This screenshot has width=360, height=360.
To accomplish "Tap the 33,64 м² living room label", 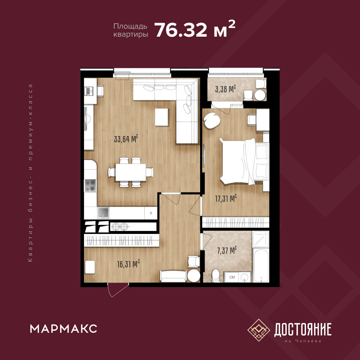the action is point(126,139).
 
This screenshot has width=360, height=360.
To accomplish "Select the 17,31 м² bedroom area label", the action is point(226,198).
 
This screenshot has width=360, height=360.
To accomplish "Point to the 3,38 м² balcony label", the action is point(226,89).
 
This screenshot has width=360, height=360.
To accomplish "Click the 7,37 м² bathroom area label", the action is point(227,250).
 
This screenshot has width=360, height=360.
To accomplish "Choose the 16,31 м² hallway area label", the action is point(129,264).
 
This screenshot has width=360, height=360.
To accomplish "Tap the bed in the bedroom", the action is point(244,161).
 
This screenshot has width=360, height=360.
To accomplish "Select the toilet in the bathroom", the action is point(216,275).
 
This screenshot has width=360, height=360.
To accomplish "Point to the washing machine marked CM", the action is point(232,277).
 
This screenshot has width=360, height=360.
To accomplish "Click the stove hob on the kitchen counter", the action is point(90,186).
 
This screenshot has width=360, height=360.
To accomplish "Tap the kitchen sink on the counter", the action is point(103,213).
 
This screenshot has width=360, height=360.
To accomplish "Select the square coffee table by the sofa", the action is point(162,117).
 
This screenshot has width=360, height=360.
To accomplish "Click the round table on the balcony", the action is point(260,95).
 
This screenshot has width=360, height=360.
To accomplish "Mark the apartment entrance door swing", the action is point(118,290).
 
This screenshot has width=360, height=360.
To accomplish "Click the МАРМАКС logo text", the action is point(64,329).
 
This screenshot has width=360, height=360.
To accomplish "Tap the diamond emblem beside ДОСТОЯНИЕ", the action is point(259,330).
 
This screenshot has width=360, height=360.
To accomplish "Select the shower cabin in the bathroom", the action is point(261,239).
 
